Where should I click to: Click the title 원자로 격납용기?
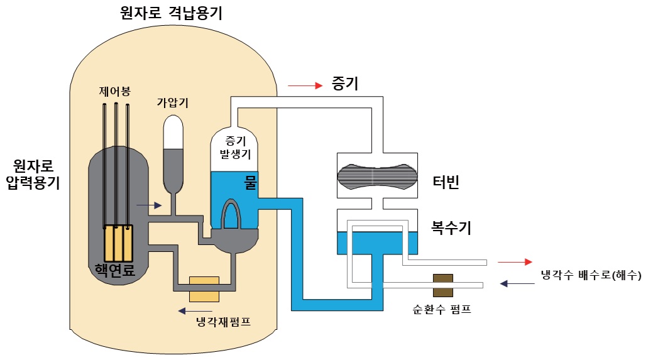coord(171,13)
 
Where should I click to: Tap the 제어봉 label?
coord(114,91)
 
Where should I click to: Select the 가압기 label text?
coord(172,102)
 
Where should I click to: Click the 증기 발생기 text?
coord(235,148)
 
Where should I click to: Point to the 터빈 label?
coord(446,182)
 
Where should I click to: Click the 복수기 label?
coord(451,227)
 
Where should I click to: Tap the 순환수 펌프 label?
coord(442,309)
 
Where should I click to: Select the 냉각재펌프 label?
coord(223,321)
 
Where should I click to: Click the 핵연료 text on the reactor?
coord(115,270)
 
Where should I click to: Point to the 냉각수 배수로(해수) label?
coord(591,275)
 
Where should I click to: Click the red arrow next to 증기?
coord(305,85)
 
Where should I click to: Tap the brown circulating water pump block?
coord(443,285)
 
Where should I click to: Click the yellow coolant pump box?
coord(204,289)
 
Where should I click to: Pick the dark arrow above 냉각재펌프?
coord(195,311)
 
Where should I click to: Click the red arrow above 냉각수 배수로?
coord(515,262)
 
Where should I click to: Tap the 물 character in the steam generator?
coord(251,182)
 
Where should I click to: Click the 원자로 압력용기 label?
coord(33,174)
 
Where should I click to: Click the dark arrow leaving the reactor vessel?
coord(149,205)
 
